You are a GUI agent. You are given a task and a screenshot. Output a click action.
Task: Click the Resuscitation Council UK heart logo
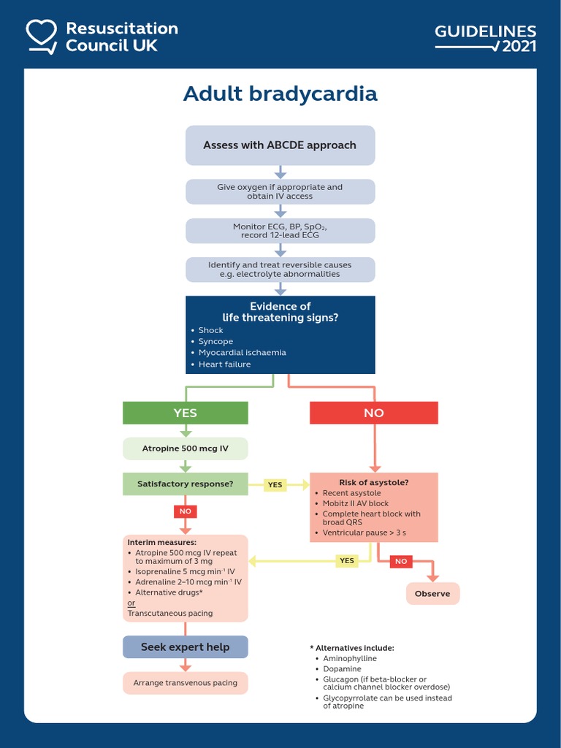coord(42,36)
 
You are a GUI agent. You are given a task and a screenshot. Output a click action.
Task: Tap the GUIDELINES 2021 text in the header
coord(485,38)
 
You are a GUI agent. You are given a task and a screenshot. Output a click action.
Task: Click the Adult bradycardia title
coord(280,94)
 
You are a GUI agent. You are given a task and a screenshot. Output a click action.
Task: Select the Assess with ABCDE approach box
coord(280,145)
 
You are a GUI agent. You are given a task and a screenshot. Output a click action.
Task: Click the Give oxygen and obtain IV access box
coord(280,191)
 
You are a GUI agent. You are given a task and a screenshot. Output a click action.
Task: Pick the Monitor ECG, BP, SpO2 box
coord(280,231)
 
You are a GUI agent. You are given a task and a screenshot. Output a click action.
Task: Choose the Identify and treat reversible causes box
coord(280,270)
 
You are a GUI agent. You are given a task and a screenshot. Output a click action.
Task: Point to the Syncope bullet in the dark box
coord(215,341)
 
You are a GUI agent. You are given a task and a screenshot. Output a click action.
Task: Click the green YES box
coord(186,413)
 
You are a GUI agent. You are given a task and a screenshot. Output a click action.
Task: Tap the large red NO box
coord(373,413)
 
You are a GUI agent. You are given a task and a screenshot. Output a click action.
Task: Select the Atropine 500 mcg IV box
coord(186,449)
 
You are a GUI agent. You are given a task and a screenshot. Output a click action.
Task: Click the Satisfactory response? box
coord(186,484)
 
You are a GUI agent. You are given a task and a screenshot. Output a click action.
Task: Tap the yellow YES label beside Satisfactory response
coord(275,484)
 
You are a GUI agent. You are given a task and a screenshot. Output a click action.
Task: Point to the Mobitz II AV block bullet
coord(356,503)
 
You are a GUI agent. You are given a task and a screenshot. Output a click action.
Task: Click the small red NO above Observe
coord(400,561)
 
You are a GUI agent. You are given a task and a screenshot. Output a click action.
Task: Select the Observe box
coord(432,594)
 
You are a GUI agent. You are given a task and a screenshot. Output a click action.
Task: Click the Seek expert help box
coord(186,647)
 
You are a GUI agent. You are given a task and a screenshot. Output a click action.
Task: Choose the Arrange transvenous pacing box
coord(186,683)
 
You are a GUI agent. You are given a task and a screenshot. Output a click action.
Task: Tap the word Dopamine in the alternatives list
coord(343,668)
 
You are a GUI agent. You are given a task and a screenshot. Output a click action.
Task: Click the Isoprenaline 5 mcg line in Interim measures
coord(185,571)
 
